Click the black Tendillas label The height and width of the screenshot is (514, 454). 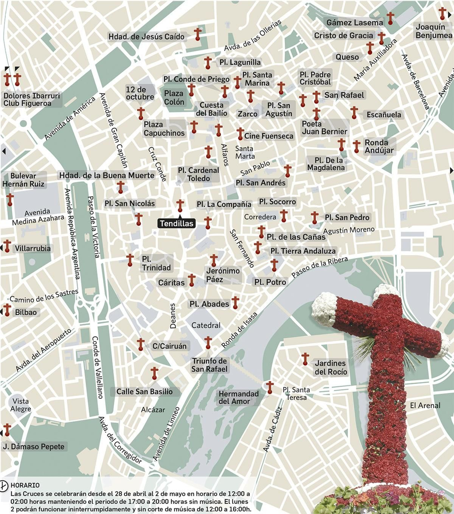pos(176,223)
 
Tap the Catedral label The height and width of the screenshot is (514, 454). pos(206,325)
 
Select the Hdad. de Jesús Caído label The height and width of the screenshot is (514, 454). pos(146,37)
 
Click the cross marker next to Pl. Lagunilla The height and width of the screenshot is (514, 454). pos(208,62)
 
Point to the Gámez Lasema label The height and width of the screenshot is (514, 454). pos(354,23)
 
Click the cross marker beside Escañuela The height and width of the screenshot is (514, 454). pos(354,113)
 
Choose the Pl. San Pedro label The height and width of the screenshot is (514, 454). pos(347,217)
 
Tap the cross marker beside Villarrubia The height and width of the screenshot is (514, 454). pos(7,246)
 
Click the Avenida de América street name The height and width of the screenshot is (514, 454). pos(70,119)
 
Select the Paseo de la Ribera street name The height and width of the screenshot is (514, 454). pos(320,267)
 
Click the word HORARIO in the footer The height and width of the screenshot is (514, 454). pos(25,485)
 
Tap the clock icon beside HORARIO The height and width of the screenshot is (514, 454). pos(4,486)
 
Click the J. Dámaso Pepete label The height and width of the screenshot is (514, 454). pos(34,447)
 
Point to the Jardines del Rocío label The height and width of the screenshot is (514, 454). pos(331,367)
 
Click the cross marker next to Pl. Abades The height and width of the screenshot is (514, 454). pos(235,303)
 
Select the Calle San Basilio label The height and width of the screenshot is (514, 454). pos(144,392)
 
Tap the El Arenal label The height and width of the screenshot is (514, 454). pos(425,405)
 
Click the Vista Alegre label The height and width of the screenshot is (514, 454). pos(20,405)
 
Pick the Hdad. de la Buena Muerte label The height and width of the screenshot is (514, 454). pos(107,175)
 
